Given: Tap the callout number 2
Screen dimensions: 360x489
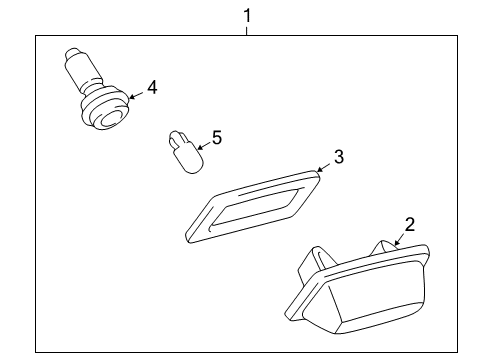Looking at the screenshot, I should pos(409,225).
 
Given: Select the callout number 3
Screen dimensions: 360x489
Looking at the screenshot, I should pos(339,156).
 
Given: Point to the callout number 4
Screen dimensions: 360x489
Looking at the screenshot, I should pos(152,88).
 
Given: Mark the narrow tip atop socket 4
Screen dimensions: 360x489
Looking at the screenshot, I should pos(73,54).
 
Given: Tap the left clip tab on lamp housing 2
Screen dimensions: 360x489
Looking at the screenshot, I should pos(306,264).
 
